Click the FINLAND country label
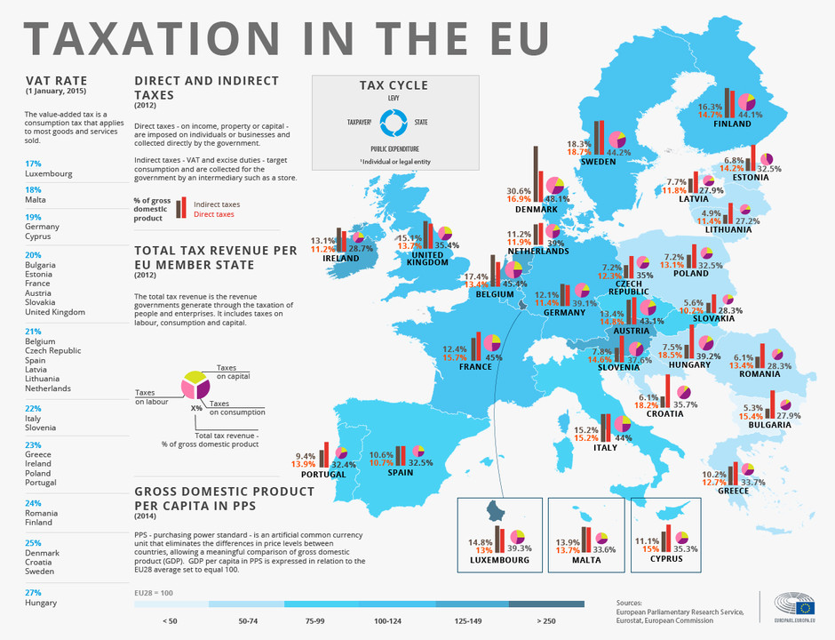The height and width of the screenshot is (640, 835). pos(732,124)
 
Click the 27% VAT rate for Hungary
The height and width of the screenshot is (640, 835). pos(33,592)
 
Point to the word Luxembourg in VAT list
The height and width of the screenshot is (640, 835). pos(49,174)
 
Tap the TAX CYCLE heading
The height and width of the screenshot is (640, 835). pos(394,85)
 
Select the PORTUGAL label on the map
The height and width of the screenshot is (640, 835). pos(324,475)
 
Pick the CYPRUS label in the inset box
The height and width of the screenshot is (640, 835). pos(666,558)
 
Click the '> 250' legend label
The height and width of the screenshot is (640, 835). pos(545,621)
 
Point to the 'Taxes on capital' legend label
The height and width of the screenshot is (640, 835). pos(227,371)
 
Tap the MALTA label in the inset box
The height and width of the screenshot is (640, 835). pos(585,560)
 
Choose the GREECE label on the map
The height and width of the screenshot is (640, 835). pos(734,491)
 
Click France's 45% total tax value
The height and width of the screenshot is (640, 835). pos(493,358)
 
